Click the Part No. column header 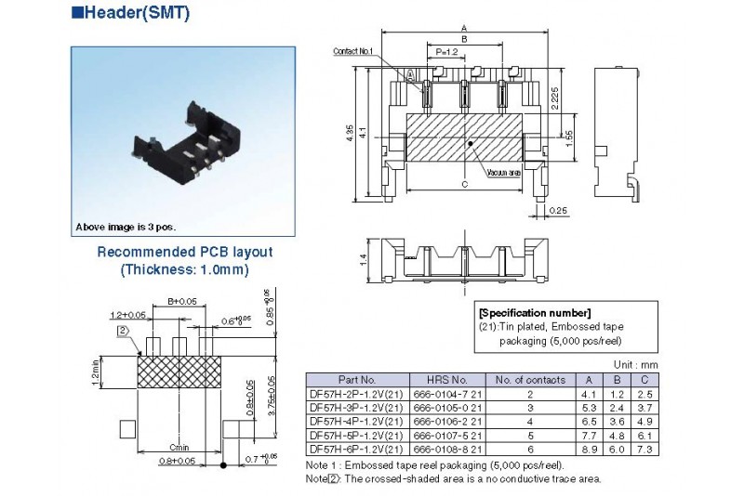pos(356,379)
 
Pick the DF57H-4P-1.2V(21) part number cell pos(356,420)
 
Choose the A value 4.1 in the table pos(587,393)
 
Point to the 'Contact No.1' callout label pos(352,51)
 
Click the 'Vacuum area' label pos(503,174)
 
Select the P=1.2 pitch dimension pos(445,52)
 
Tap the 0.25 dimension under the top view pos(559,211)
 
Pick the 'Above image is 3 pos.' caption pos(125,227)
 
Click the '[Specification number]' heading pos(534,312)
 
